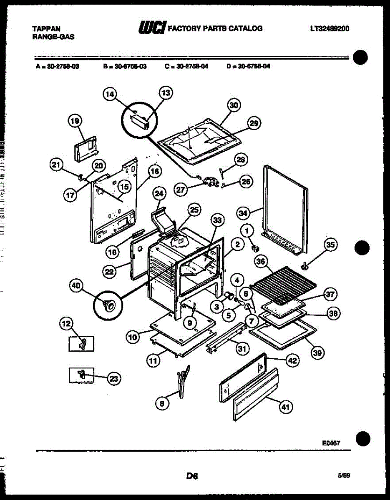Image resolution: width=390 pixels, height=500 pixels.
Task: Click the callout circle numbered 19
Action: (x=75, y=121)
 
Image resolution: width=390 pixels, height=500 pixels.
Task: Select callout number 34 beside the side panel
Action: (x=242, y=213)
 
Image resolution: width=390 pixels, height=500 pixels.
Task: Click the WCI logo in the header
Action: (x=152, y=28)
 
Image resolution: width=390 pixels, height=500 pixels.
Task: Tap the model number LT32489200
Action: (x=330, y=29)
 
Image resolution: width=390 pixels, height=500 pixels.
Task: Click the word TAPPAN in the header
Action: (x=46, y=29)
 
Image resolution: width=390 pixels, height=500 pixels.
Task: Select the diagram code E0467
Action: (x=331, y=443)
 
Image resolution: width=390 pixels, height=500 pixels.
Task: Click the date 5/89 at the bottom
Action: (x=344, y=475)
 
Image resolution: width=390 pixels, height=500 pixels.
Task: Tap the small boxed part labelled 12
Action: (x=82, y=344)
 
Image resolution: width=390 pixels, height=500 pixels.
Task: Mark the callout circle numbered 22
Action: (x=110, y=271)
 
